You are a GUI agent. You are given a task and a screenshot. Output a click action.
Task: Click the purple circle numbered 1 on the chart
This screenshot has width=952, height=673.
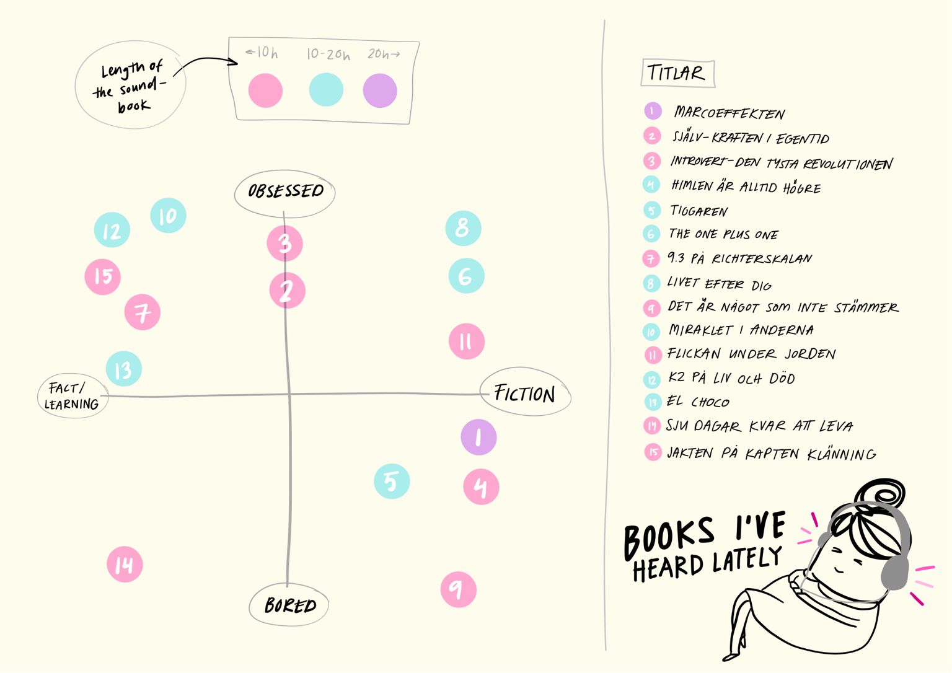[x=478, y=437]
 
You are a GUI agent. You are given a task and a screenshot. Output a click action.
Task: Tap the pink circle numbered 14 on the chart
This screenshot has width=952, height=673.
[x=125, y=564]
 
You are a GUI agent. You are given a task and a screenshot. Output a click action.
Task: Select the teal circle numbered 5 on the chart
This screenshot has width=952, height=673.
[x=392, y=481]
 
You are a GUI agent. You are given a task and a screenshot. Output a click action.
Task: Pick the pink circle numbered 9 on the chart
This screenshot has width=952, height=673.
[x=459, y=590]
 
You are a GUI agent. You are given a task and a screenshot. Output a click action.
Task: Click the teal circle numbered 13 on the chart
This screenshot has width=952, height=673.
[x=124, y=369]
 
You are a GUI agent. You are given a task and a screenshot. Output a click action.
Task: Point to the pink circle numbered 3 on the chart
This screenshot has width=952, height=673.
[x=284, y=243]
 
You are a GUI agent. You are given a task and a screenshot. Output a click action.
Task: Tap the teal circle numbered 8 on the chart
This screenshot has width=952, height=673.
[x=463, y=228]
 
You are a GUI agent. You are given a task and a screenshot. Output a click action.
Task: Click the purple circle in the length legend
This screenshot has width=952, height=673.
[x=380, y=90]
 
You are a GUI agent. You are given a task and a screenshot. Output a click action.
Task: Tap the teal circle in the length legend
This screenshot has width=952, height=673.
[x=326, y=90]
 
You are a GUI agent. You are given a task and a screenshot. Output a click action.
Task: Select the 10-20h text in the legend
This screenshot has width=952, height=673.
[x=328, y=55]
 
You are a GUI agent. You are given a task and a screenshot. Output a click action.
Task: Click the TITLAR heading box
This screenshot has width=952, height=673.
[x=678, y=73]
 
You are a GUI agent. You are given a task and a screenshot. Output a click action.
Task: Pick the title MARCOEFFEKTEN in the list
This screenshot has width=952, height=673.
[x=729, y=113]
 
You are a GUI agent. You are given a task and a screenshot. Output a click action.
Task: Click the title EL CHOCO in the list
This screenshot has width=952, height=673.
[x=698, y=402]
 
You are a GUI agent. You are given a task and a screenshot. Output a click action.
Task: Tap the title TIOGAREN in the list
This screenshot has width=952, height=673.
[x=699, y=211]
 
